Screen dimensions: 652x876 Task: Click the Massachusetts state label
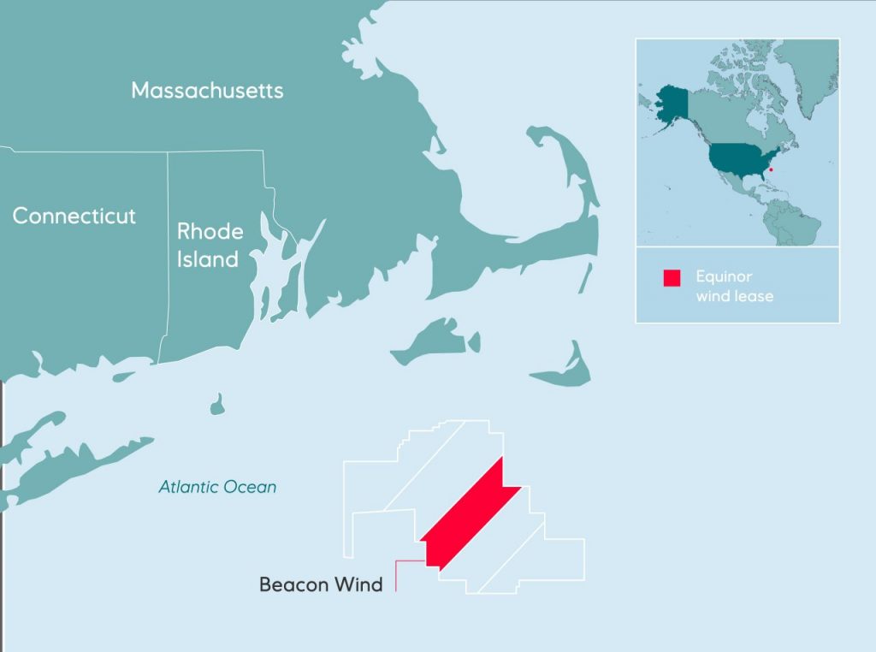(207, 91)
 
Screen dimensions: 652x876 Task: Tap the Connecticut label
(74, 216)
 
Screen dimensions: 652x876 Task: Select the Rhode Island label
(210, 245)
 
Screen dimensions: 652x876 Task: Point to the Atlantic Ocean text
(217, 487)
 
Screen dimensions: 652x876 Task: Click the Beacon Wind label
(321, 585)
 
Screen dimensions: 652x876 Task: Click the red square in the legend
(672, 278)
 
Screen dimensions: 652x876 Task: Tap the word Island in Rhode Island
(208, 259)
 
